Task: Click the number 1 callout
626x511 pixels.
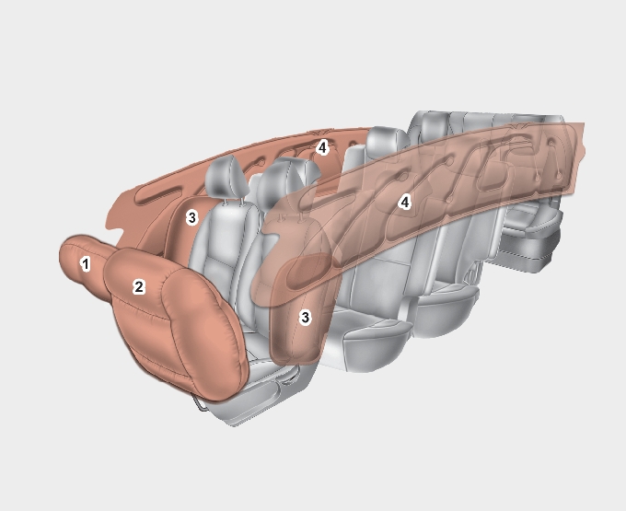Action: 85,264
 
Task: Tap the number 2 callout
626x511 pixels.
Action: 138,286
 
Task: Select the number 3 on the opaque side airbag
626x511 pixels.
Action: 192,218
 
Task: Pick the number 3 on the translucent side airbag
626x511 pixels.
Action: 306,318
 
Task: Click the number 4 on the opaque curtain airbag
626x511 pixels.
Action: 322,148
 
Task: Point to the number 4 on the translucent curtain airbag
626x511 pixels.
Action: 405,203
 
